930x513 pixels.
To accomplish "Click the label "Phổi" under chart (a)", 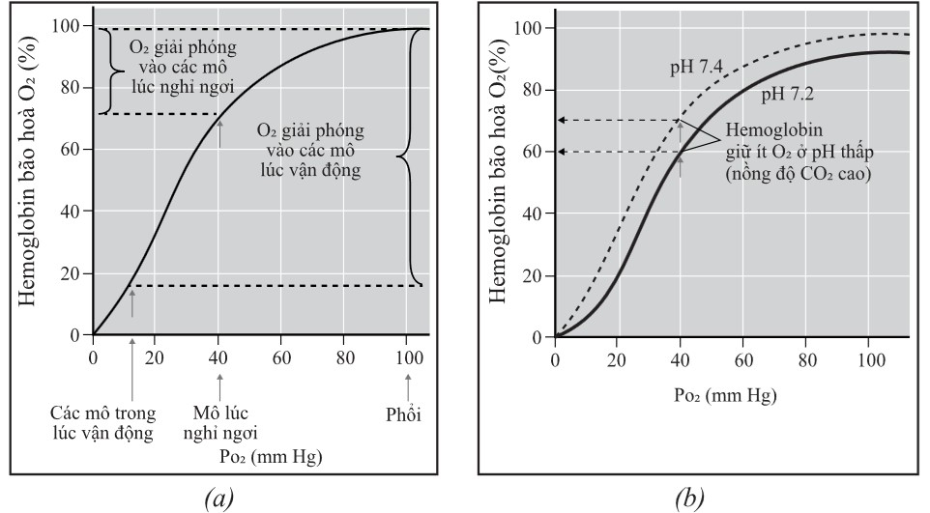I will [406, 415].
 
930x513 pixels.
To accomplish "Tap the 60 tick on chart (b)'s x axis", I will [742, 359].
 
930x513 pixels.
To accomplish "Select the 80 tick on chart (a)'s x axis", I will [345, 356].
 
